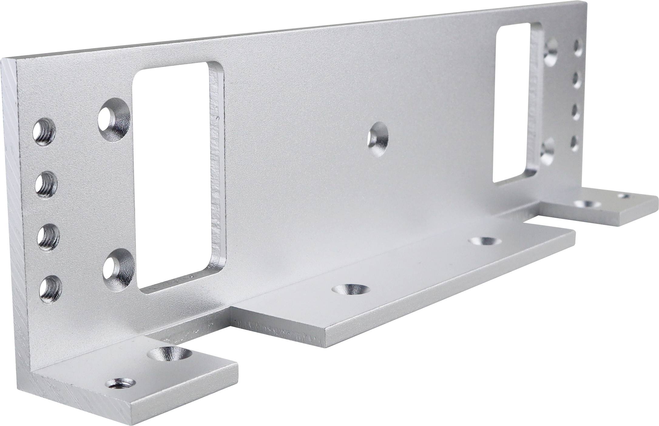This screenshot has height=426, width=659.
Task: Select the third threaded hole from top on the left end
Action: (49, 236)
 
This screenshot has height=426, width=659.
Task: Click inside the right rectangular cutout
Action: (513, 103)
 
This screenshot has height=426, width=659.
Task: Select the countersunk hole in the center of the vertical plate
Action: (378, 139)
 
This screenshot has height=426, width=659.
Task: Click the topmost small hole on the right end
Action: (578, 47)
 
